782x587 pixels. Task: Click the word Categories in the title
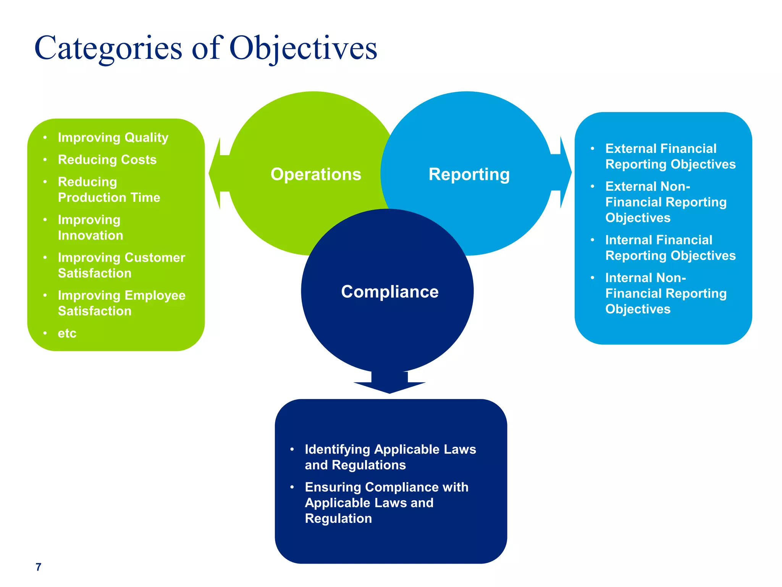[108, 49]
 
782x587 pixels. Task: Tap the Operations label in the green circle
[316, 174]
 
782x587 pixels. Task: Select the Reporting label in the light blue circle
[469, 174]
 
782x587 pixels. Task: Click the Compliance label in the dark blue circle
[389, 292]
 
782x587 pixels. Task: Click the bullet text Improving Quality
[113, 137]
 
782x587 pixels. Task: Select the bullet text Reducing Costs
[107, 159]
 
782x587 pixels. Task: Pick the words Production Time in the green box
[109, 197]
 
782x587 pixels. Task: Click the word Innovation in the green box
[90, 235]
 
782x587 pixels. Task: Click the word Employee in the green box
[155, 295]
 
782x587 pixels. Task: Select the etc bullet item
[67, 333]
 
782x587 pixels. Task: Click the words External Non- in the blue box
[648, 186]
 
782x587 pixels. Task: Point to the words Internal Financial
[659, 240]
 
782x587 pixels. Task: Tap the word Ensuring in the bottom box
[333, 487]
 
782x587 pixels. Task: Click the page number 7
[38, 567]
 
